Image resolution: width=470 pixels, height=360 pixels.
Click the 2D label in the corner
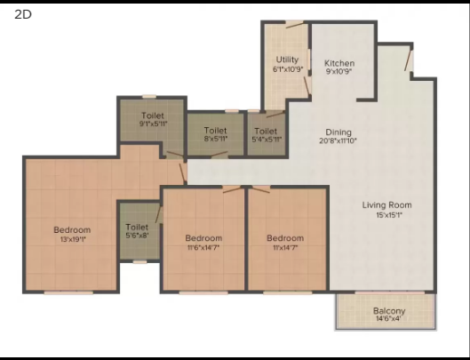[x=22, y=14]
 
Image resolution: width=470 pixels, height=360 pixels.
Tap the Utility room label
[x=287, y=59]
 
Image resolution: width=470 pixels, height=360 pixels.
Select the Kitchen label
[x=339, y=63]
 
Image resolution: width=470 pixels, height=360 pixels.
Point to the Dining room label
[x=338, y=132]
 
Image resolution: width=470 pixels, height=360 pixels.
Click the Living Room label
[x=386, y=205]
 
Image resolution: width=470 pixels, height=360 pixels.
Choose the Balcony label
[x=389, y=310]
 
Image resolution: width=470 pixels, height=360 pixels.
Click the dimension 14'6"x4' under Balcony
[x=389, y=319]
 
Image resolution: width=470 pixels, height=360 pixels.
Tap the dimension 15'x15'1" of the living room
[x=386, y=216]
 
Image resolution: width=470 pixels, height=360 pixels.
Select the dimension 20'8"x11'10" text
[x=338, y=140]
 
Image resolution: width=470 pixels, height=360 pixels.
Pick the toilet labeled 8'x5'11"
[x=216, y=134]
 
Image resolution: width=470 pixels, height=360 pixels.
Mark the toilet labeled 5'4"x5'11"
[x=266, y=134]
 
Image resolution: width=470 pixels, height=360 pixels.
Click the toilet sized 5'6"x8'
[x=137, y=232]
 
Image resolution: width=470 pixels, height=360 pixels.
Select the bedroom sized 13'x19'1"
[x=72, y=234]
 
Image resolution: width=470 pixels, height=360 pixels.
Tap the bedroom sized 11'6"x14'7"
[x=203, y=243]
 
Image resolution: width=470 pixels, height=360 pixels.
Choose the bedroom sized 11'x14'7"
[x=285, y=243]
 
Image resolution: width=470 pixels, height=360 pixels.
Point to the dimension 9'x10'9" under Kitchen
[x=339, y=73]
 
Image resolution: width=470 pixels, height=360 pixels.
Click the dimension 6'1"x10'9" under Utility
[x=287, y=68]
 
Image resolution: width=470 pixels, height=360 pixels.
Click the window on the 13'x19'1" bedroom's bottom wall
[x=68, y=292]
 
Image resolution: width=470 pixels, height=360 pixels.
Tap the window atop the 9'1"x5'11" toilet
[x=149, y=96]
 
